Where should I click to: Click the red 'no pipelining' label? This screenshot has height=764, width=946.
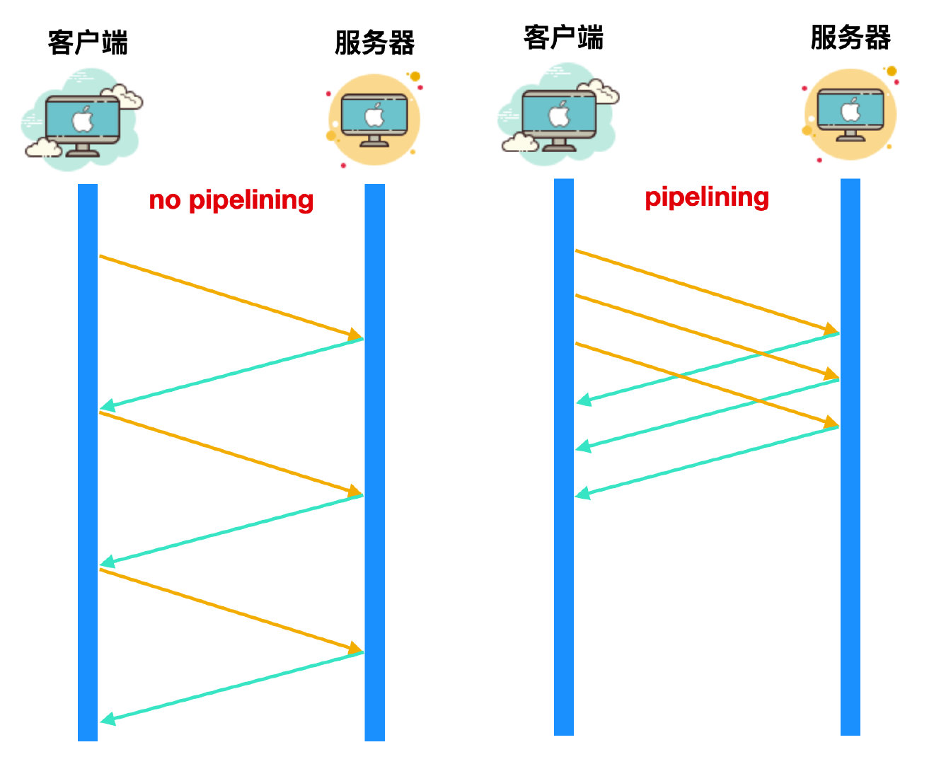[231, 200]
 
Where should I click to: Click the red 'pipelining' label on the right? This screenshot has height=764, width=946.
[706, 197]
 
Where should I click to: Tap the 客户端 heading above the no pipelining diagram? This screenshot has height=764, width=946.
[88, 42]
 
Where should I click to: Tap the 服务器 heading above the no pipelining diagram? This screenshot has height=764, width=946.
[374, 42]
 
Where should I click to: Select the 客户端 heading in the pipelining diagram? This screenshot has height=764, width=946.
[563, 37]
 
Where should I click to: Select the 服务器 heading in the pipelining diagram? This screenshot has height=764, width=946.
[850, 37]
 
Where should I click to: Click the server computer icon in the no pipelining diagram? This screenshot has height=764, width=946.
[374, 119]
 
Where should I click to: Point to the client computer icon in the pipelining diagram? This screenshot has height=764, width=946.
[559, 117]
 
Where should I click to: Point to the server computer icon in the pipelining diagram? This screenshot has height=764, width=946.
[850, 113]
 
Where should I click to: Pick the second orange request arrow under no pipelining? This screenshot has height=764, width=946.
[226, 452]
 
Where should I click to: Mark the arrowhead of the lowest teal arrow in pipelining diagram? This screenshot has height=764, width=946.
[583, 493]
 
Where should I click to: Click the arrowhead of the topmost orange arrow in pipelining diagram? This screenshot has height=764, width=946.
[831, 329]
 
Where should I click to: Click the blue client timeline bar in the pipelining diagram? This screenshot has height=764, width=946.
[564, 566]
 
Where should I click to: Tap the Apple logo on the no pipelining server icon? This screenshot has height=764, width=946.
[374, 115]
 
